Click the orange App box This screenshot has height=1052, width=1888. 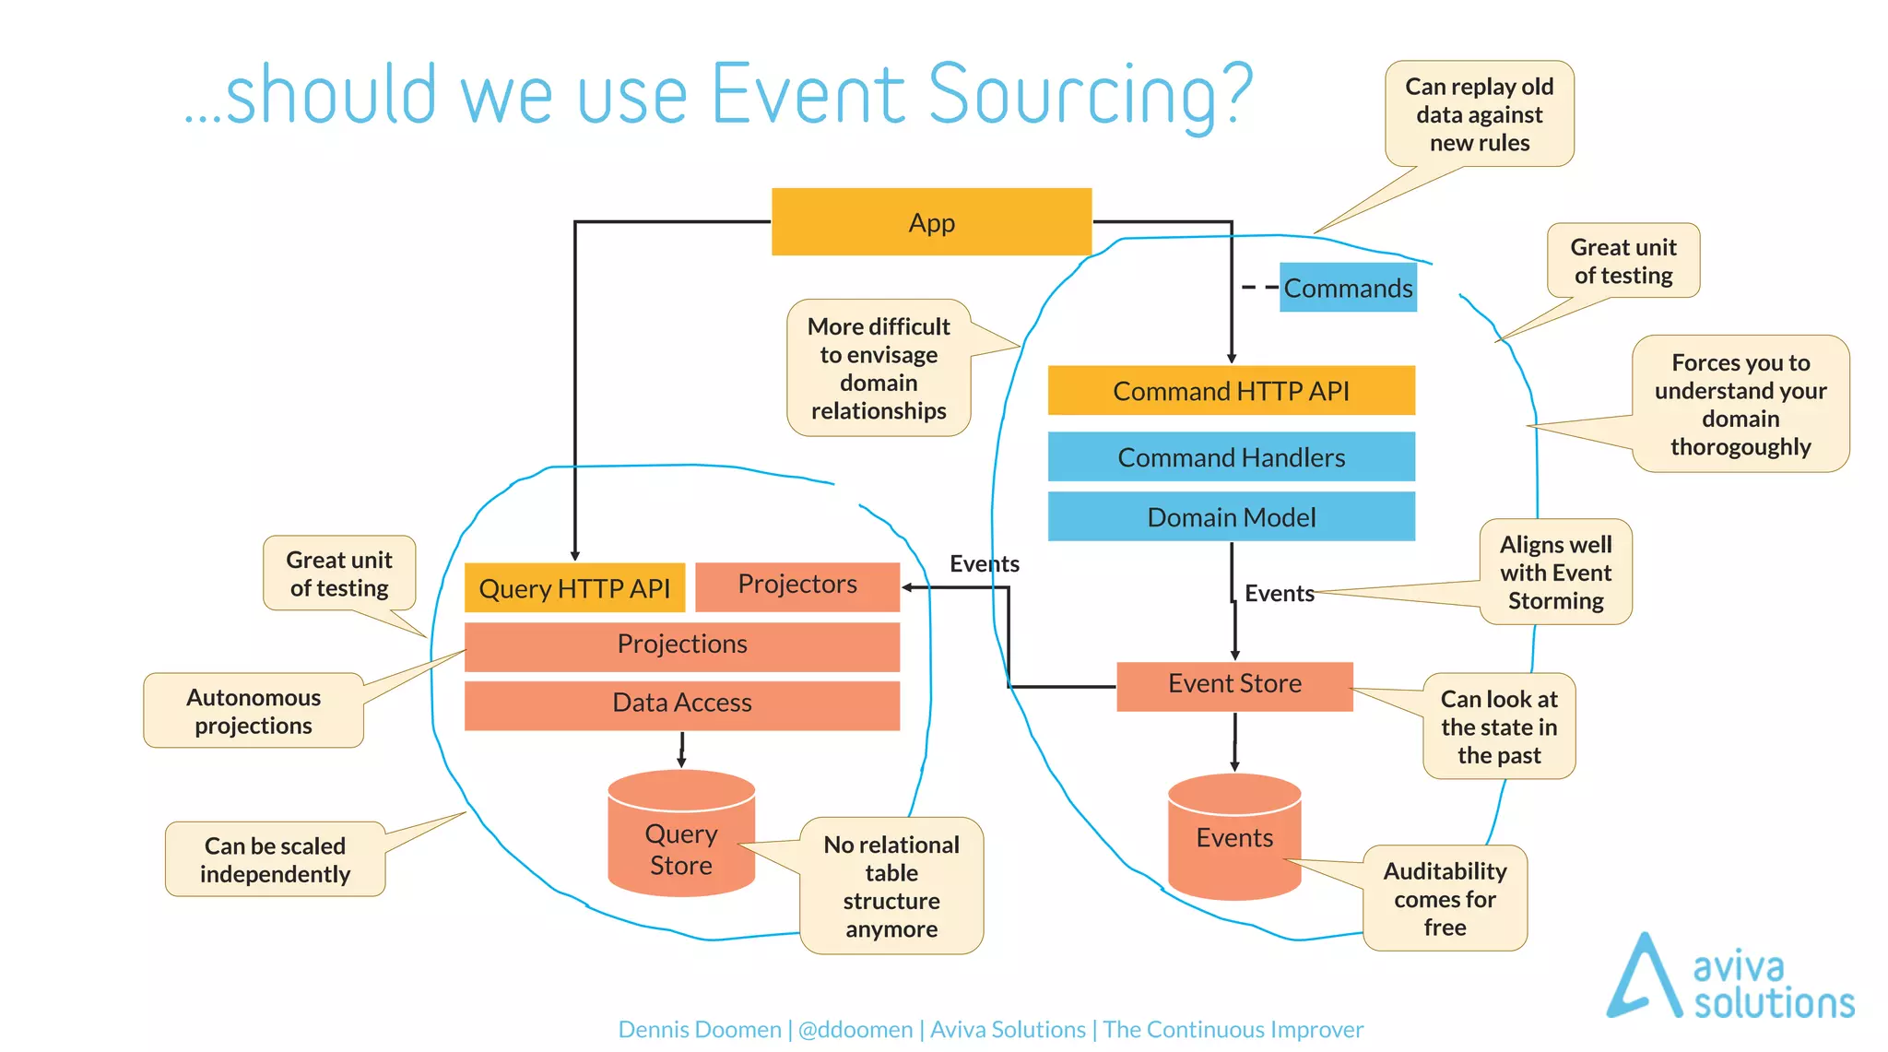pyautogui.click(x=931, y=222)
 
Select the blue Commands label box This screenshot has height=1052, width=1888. pyautogui.click(x=1347, y=288)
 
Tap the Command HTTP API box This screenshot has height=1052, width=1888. pyautogui.click(x=1231, y=391)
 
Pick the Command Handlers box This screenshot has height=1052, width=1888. pyautogui.click(x=1231, y=457)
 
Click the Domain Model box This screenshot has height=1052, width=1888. pyautogui.click(x=1231, y=516)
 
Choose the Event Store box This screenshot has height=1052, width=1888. pyautogui.click(x=1234, y=685)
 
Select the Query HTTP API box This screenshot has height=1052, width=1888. pyautogui.click(x=574, y=588)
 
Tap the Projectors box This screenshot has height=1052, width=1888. pyautogui.click(x=797, y=585)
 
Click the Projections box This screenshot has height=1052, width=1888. pyautogui.click(x=681, y=644)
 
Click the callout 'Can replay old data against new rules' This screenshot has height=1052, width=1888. pyautogui.click(x=1479, y=114)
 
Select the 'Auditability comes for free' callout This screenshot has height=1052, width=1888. pyautogui.click(x=1445, y=898)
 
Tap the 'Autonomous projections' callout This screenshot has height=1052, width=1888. pyautogui.click(x=254, y=711)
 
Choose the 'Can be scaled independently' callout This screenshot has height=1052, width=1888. pyautogui.click(x=275, y=859)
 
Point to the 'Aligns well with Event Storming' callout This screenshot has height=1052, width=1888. pyautogui.click(x=1555, y=573)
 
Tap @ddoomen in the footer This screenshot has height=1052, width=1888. pyautogui.click(x=855, y=1029)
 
